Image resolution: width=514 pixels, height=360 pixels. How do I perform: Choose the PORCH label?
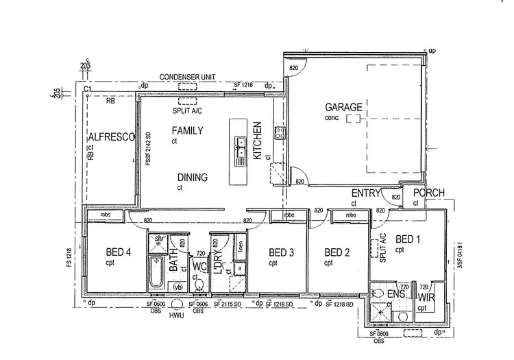(x=429, y=193)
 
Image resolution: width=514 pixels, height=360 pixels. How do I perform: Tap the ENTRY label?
(x=365, y=193)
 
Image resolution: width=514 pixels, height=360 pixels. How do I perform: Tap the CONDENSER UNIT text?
(x=187, y=77)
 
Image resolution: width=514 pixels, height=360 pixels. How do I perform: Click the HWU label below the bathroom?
(x=176, y=316)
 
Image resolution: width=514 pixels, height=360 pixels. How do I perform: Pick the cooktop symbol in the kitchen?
(x=279, y=133)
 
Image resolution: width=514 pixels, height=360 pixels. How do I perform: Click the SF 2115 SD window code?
(x=228, y=304)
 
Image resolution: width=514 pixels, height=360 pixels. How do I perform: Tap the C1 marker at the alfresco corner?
(x=88, y=89)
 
